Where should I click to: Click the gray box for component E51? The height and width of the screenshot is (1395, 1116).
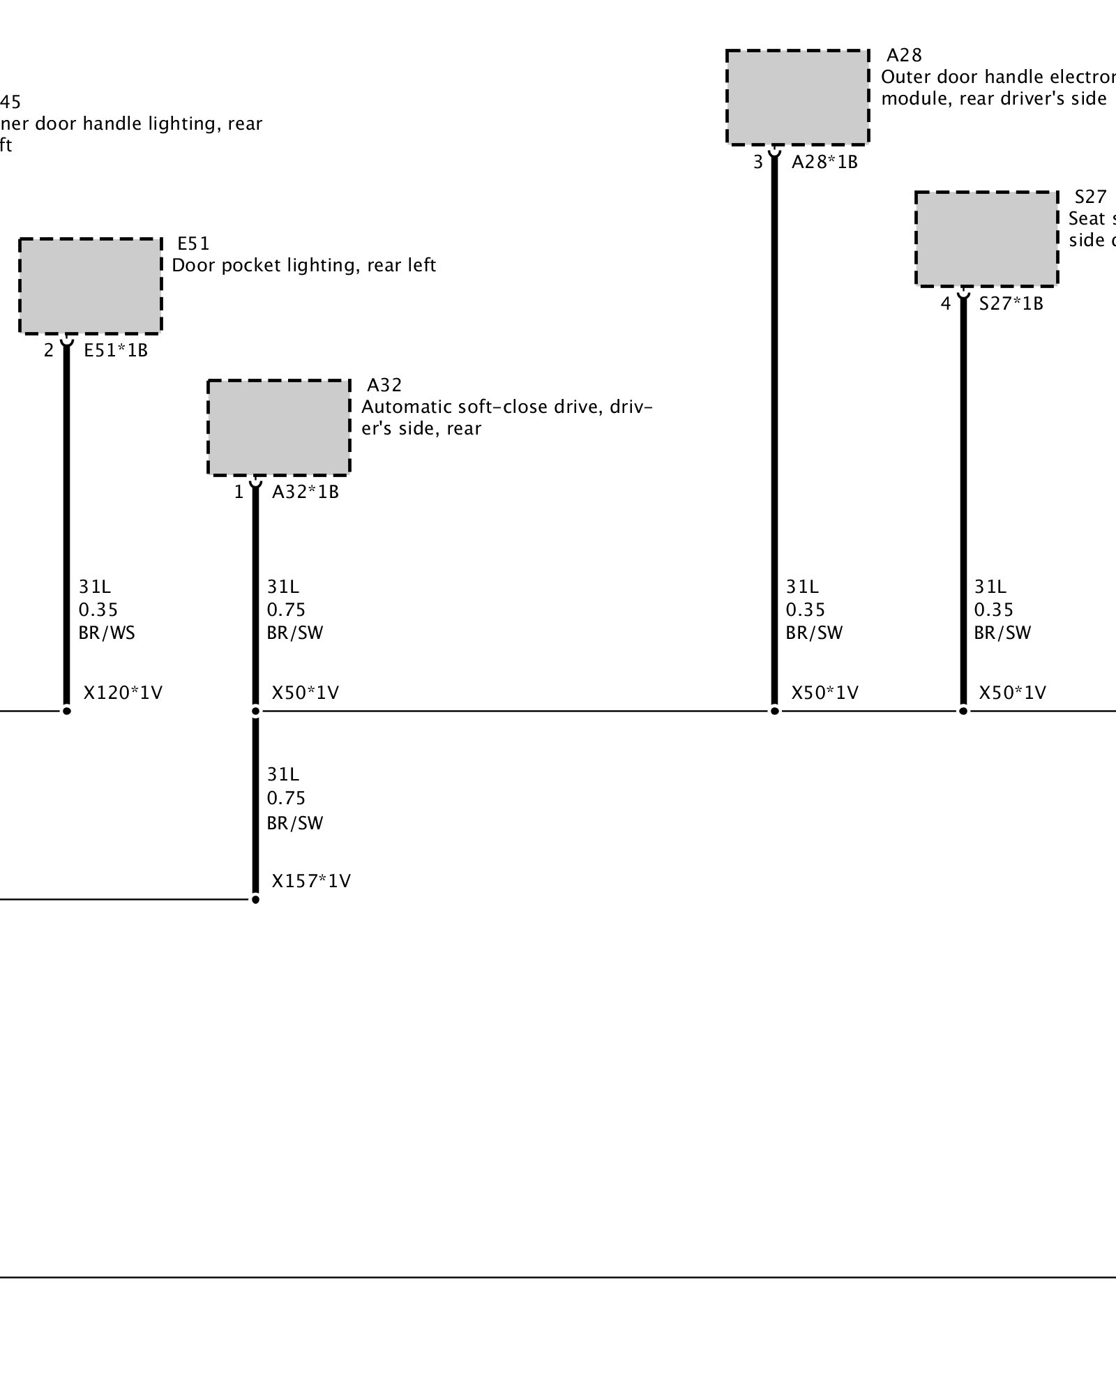(91, 286)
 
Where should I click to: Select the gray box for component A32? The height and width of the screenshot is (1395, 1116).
(279, 428)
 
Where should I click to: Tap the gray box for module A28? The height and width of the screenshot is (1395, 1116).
(797, 98)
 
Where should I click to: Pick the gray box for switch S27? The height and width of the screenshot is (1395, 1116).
(986, 239)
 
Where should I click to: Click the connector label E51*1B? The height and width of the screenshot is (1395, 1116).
(116, 350)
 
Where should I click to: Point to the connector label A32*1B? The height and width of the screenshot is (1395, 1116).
(305, 492)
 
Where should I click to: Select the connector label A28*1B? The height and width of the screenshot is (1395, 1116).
(824, 163)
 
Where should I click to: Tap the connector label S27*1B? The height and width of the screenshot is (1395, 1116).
(1011, 303)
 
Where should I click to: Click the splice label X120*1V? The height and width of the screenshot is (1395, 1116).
(123, 693)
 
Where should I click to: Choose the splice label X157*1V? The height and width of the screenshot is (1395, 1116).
(311, 881)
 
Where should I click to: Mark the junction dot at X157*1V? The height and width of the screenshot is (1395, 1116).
(255, 900)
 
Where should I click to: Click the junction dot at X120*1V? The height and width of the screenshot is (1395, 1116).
(67, 711)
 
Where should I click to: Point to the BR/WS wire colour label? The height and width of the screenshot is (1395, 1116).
(107, 633)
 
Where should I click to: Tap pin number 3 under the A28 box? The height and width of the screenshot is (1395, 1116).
(758, 163)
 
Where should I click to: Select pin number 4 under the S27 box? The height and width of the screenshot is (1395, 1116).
(946, 303)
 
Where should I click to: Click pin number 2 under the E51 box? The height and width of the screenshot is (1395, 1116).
(49, 350)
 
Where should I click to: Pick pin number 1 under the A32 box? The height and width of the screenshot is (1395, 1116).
(239, 492)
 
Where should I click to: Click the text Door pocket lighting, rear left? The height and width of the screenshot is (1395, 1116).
(303, 265)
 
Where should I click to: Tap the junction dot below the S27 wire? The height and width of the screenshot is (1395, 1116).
(963, 711)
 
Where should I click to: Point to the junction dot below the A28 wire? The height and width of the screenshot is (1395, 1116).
(774, 711)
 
